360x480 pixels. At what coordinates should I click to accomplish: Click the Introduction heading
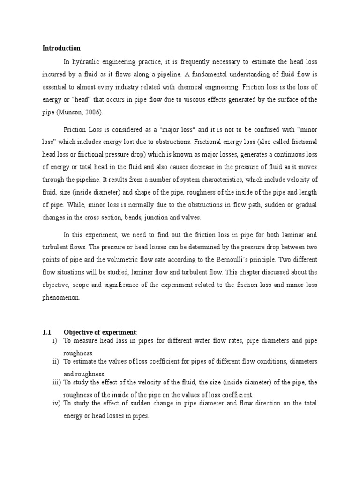click(61, 48)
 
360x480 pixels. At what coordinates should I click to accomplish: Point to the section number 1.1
click(47, 332)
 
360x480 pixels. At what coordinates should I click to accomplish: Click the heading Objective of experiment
click(95, 332)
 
